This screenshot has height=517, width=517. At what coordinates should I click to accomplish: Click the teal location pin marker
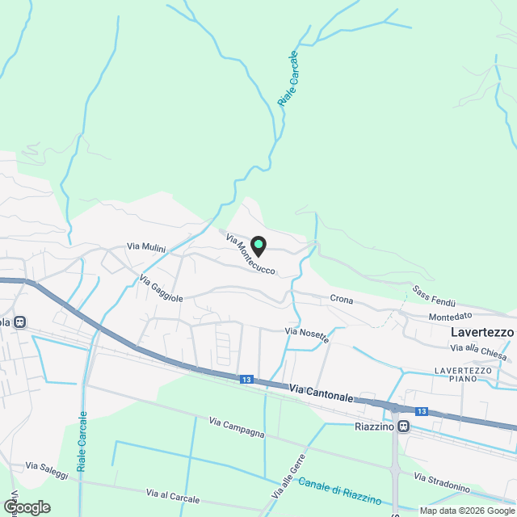point(258,245)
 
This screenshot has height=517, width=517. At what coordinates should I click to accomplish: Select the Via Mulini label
point(145,247)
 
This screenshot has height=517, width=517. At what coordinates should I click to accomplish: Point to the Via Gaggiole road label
point(162,288)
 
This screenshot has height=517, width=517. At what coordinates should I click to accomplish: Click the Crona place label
point(343,299)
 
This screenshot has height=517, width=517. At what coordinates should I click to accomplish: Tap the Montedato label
point(451,316)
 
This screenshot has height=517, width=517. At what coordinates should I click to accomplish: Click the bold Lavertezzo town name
point(482,332)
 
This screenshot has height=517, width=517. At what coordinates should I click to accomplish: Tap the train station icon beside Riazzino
point(403,427)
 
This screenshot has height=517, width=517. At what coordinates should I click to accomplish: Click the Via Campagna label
point(237,427)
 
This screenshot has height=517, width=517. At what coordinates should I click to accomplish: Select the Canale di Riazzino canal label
point(340,488)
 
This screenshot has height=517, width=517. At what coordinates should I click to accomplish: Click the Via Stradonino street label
point(442,482)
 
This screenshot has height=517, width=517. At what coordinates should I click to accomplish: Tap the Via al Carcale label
point(172,493)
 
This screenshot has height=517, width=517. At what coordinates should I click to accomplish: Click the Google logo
point(26,506)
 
